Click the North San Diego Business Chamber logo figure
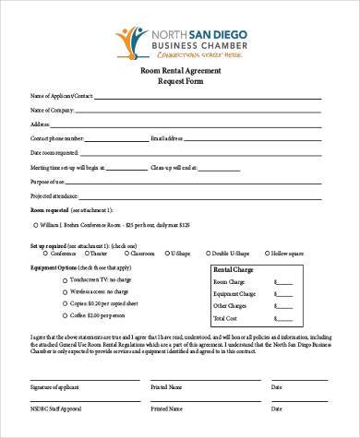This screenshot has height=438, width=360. pyautogui.click(x=128, y=38)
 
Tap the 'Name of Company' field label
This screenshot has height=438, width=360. pyautogui.click(x=53, y=109)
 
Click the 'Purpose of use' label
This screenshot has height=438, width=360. pyautogui.click(x=47, y=182)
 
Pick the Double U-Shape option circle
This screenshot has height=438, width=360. pyautogui.click(x=207, y=252)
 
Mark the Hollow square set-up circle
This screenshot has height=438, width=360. pyautogui.click(x=261, y=252)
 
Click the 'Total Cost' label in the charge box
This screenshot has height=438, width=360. pyautogui.click(x=228, y=318)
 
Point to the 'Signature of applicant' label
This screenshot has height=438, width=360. pyautogui.click(x=56, y=387)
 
